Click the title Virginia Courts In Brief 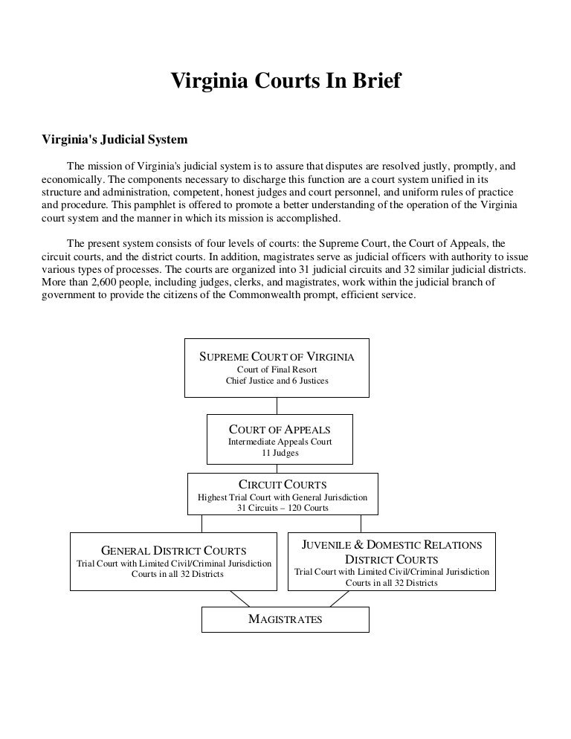tap(285, 80)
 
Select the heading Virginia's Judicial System tap(114, 139)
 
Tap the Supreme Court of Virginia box tap(277, 368)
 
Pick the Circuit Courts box tap(283, 494)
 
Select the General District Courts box tap(173, 561)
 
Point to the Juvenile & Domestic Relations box tap(391, 561)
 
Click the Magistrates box tap(285, 619)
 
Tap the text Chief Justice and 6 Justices tap(277, 381)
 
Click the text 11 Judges tap(280, 453)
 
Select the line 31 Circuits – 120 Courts tap(283, 509)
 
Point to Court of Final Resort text tap(277, 369)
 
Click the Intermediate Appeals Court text tap(280, 442)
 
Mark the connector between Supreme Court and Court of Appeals tap(277, 405)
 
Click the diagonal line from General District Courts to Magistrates tap(239, 598)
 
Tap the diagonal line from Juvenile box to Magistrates tap(332, 598)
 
